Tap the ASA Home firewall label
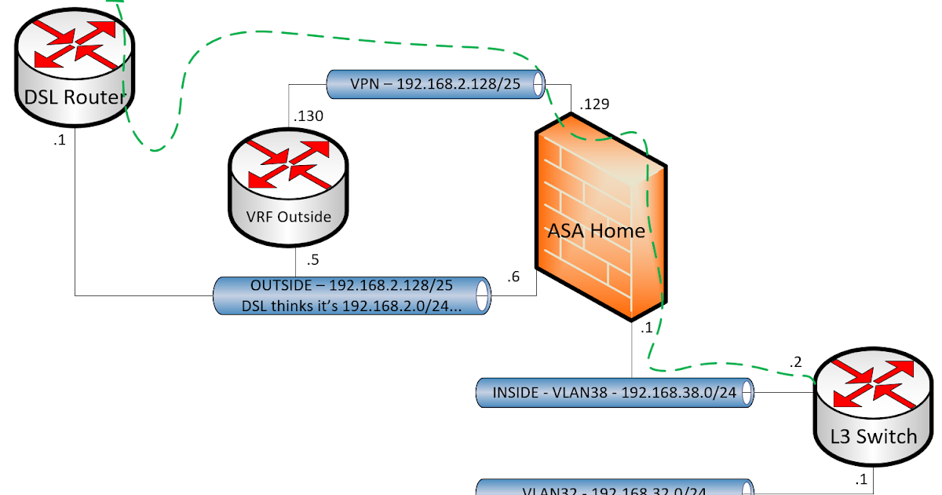pos(596,231)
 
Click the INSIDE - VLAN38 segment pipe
pos(615,393)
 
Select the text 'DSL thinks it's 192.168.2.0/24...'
pos(352,306)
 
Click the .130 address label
pos(309,116)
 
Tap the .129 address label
pos(594,103)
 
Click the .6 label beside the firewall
pos(513,277)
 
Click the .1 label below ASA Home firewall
pos(647,329)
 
